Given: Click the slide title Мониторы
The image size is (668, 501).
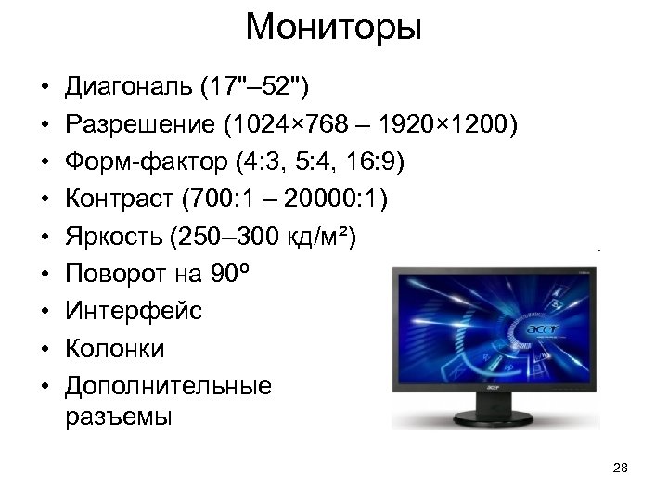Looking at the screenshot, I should point(334,28).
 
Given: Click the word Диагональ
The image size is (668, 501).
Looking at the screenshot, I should point(125,88).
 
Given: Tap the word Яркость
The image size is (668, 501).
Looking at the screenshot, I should point(116,238).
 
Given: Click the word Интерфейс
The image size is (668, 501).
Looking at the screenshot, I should point(133,312).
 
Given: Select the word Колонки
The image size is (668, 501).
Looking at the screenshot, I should point(115,349).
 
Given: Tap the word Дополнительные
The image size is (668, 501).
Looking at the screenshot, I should point(169,386).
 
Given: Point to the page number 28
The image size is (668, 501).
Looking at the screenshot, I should point(622,468).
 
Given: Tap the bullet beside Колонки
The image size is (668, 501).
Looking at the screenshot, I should point(44,350).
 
